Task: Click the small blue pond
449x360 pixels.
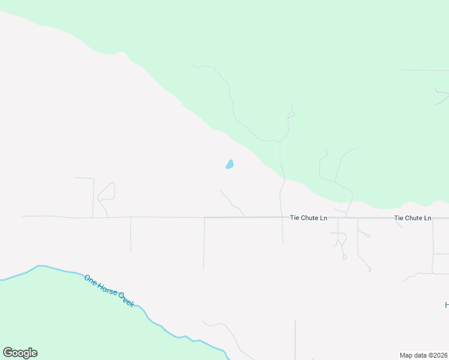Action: coord(229,164)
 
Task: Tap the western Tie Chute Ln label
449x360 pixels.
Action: coord(309,218)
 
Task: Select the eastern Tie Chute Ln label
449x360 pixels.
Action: coord(412,218)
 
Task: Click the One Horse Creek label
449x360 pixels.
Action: coord(109,291)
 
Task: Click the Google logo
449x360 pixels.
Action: coord(20,353)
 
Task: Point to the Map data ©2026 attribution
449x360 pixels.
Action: coord(424,355)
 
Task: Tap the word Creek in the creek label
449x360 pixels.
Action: coord(125,300)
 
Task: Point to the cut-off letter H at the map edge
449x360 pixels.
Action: coord(447,305)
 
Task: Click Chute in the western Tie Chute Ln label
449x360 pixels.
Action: coord(309,218)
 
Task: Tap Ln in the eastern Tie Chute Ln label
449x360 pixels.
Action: coord(427,218)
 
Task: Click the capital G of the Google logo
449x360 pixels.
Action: coord(8,353)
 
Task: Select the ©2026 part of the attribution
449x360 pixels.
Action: coord(436,355)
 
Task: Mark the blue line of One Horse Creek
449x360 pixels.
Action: coord(60,269)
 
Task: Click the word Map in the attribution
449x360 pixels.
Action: coord(406,355)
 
